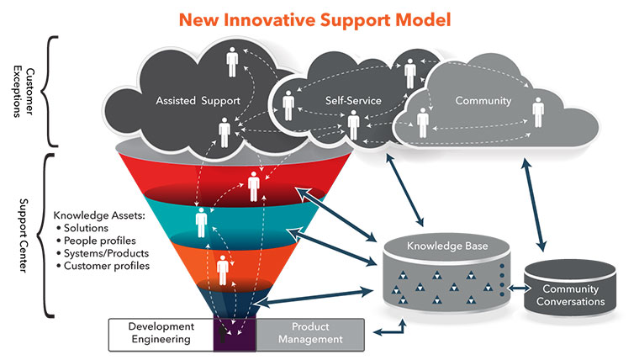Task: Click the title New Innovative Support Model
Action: point(319,17)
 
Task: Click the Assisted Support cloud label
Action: point(198,101)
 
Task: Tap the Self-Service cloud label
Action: point(353,101)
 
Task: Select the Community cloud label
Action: point(483,101)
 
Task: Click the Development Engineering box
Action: point(161,332)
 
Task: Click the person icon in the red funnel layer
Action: point(253,188)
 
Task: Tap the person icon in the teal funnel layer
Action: point(202,223)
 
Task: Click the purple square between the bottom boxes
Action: point(234,332)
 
